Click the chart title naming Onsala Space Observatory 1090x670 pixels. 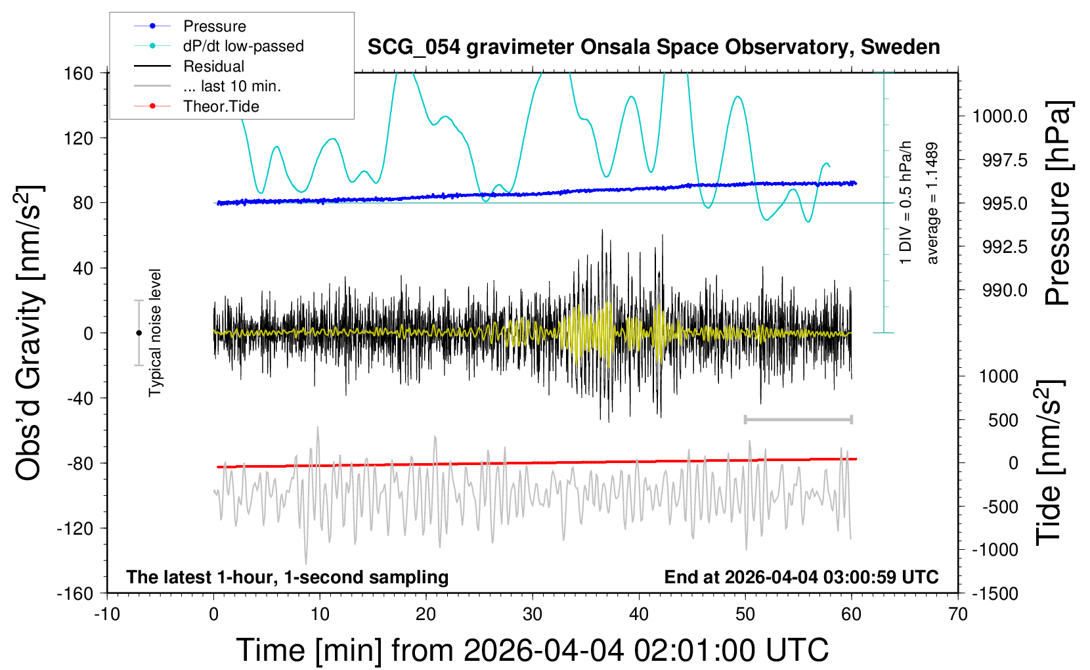pyautogui.click(x=653, y=47)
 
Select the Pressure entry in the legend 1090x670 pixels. pyautogui.click(x=214, y=26)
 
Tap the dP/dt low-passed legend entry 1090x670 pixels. pyautogui.click(x=243, y=46)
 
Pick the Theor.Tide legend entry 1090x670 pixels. pyautogui.click(x=221, y=106)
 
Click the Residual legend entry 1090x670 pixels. pyautogui.click(x=213, y=66)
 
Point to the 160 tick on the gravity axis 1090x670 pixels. pyautogui.click(x=79, y=74)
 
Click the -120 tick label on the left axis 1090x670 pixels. pyautogui.click(x=76, y=529)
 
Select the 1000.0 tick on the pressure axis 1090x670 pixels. pyautogui.click(x=1000, y=116)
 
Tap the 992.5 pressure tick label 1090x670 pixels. pyautogui.click(x=1005, y=247)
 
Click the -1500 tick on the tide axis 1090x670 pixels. pyautogui.click(x=995, y=593)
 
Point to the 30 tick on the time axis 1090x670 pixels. pyautogui.click(x=533, y=614)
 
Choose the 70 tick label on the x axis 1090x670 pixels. pyautogui.click(x=958, y=614)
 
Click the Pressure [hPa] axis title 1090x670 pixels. pyautogui.click(x=1058, y=204)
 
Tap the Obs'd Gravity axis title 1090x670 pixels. pyautogui.click(x=30, y=333)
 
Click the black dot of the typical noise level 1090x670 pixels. pyautogui.click(x=139, y=333)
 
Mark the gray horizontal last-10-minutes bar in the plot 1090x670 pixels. pyautogui.click(x=798, y=419)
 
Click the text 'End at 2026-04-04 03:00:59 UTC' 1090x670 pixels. pyautogui.click(x=801, y=577)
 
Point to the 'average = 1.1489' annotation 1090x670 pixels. pyautogui.click(x=932, y=204)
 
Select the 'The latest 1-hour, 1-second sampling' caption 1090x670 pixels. pyautogui.click(x=288, y=577)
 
